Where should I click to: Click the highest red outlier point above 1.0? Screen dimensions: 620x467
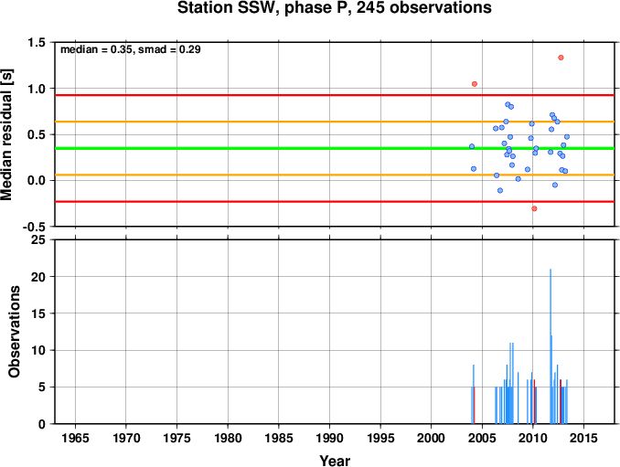click(561, 58)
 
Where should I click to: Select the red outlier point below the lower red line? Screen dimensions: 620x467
click(534, 208)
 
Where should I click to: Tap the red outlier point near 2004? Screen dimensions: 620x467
click(475, 84)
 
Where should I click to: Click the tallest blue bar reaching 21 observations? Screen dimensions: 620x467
click(551, 346)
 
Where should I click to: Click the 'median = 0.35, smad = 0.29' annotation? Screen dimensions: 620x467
click(131, 49)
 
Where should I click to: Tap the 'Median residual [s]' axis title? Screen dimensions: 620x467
click(6, 134)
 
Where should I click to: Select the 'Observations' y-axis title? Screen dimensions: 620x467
click(15, 332)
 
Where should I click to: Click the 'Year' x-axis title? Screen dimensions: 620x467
click(335, 461)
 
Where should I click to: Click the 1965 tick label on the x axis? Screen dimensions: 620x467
click(75, 438)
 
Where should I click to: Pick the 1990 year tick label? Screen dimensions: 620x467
click(329, 438)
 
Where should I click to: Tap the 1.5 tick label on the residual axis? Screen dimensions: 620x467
click(37, 42)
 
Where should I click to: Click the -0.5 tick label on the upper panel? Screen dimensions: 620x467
click(34, 227)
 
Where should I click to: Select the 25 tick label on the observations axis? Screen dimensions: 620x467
click(38, 239)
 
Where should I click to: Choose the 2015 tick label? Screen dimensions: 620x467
click(583, 438)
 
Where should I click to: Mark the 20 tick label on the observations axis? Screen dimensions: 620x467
click(38, 277)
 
